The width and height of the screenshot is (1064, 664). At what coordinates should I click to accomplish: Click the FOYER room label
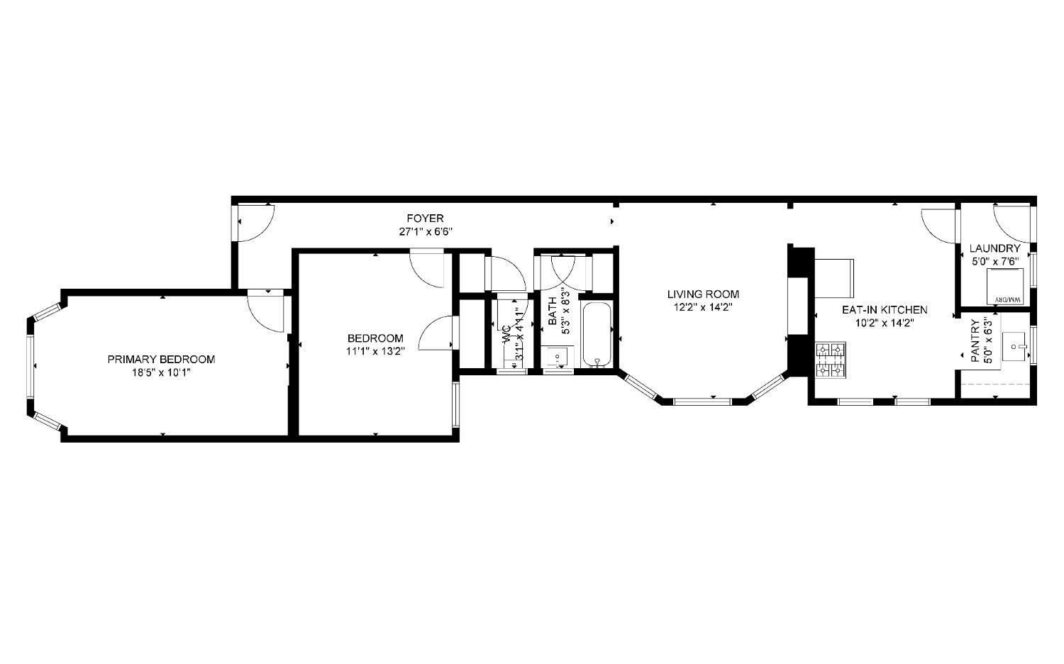pos(425,218)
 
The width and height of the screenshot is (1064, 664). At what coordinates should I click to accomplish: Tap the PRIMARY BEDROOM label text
pos(161,360)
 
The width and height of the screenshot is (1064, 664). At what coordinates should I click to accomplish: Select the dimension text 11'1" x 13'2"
pos(375,350)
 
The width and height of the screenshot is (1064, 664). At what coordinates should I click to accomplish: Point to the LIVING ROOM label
pos(702,294)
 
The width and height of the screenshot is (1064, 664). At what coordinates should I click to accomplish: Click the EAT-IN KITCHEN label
pos(884,310)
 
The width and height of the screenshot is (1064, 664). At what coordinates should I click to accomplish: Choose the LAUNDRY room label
pos(994,249)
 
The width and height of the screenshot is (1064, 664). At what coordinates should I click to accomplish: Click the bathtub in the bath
pos(598,334)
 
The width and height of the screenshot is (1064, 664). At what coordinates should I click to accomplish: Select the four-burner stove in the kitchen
pos(831,359)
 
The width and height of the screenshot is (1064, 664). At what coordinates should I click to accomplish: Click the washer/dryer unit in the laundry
pos(1007,288)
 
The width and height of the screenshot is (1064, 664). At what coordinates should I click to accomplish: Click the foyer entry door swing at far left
pos(254,222)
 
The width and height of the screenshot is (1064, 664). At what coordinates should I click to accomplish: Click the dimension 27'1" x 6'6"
pos(425,231)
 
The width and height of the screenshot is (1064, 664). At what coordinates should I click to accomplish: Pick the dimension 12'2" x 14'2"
pos(702,307)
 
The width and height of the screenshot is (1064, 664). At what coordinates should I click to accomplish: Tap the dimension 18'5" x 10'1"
pos(161,372)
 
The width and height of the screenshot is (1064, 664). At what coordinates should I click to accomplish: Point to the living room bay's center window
pos(702,402)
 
